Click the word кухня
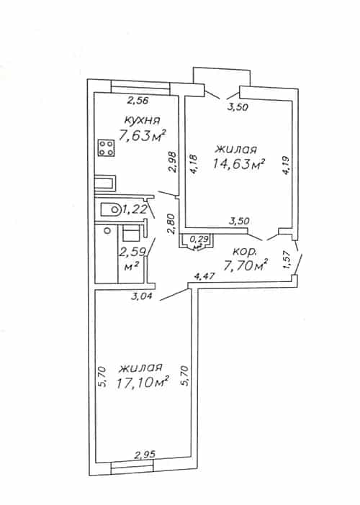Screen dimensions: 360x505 point(142,120)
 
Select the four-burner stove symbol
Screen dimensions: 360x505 point(106,148)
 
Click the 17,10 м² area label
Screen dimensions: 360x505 point(143,383)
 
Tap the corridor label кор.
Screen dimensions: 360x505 point(245,251)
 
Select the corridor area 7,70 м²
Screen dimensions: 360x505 point(246,265)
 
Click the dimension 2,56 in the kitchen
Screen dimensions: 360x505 point(138,101)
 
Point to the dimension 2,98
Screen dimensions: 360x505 point(173,163)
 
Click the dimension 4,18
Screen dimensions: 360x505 point(194,165)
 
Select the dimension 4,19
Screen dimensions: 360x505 point(287,165)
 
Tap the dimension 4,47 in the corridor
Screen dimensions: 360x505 point(204,276)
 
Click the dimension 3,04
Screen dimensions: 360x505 point(142,296)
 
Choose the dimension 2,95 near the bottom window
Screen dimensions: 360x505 point(145,455)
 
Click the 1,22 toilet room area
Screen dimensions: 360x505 point(135,209)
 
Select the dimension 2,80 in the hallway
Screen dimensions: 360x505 point(172,224)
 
